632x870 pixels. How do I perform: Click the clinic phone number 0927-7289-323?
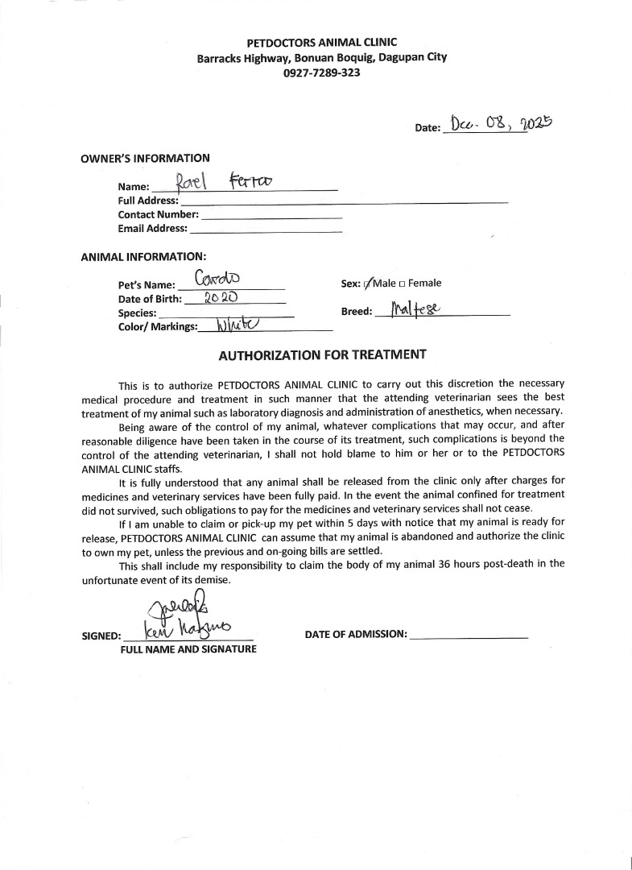point(321,72)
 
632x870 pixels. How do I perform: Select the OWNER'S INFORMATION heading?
point(145,158)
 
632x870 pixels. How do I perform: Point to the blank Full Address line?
point(344,201)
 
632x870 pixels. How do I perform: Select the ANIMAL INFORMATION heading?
point(143,256)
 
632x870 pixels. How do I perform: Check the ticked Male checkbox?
point(370,284)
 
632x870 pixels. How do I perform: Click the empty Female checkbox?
point(402,284)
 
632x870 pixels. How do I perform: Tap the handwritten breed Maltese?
point(415,309)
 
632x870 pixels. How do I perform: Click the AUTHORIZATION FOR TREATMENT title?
point(322,354)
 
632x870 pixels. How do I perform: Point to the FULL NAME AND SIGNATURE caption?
point(188,649)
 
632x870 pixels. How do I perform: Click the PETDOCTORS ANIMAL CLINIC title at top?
point(321,42)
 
